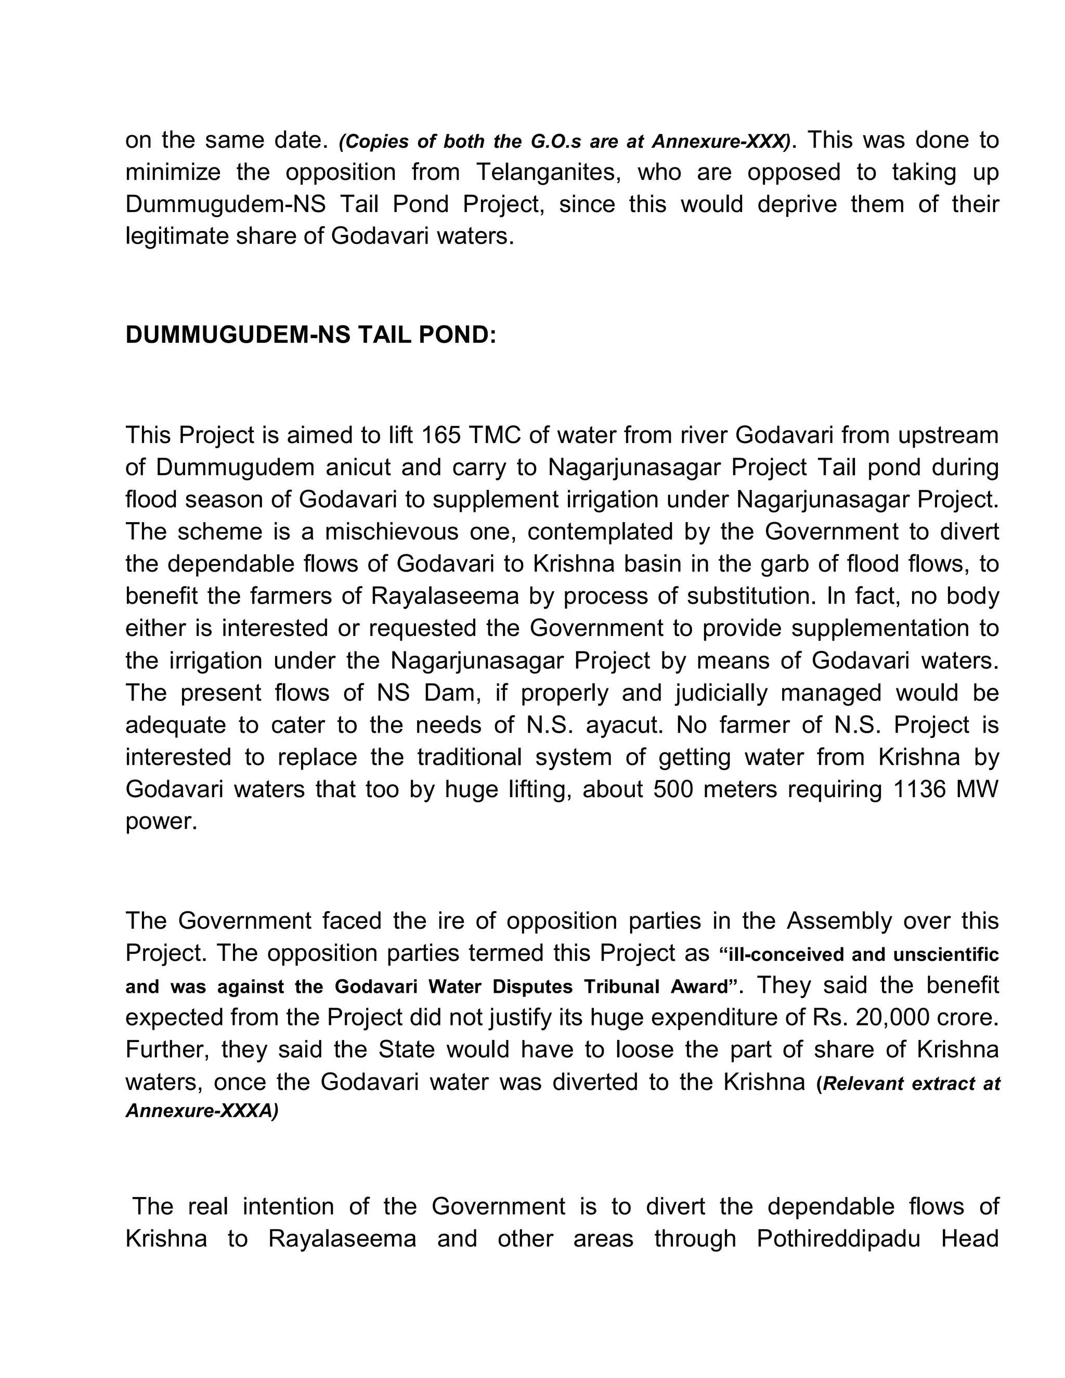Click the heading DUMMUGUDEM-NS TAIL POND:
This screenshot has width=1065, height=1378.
311,335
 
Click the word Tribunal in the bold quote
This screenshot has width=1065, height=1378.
614,987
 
